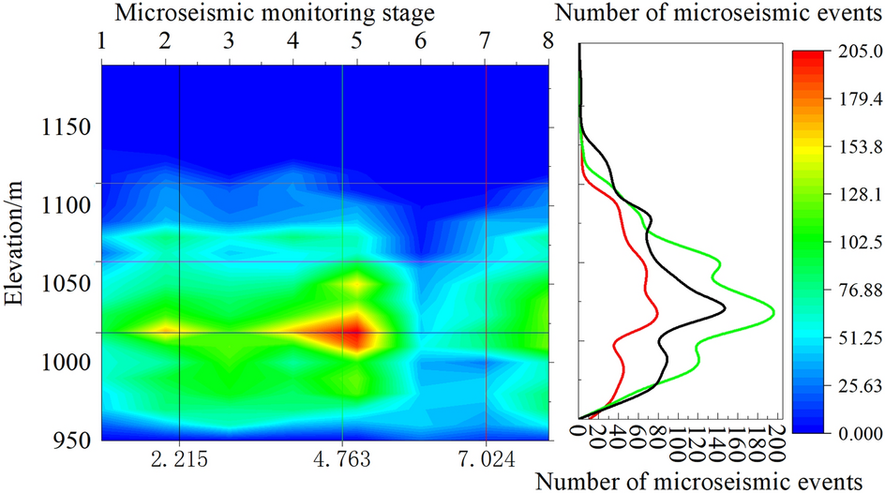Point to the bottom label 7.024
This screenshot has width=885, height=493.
click(487, 460)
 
